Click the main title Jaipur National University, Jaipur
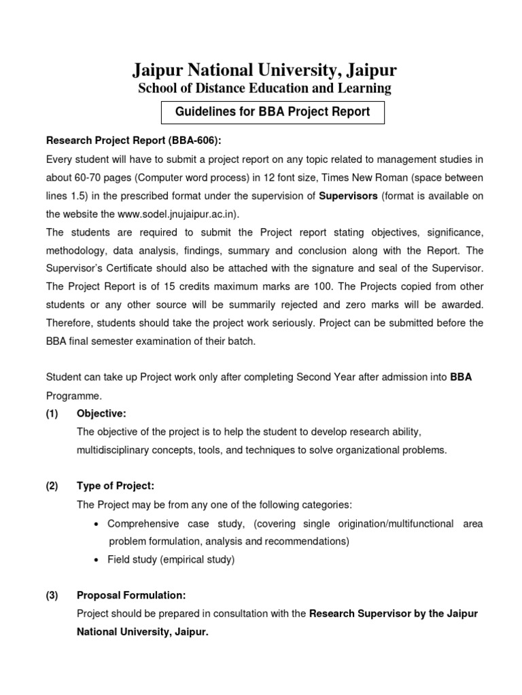coord(264,71)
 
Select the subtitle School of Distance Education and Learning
coord(264,88)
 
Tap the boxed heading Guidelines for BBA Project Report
coord(273,112)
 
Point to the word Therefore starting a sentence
coord(69,323)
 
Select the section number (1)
coord(52,413)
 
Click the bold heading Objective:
coord(101,413)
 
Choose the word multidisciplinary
coord(120,450)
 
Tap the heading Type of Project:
coord(116,486)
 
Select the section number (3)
coord(52,595)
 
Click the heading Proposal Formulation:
coord(131,595)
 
